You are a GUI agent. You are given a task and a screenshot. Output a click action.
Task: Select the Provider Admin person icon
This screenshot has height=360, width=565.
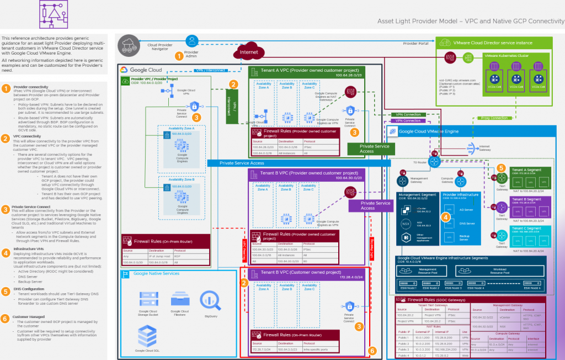point(191,40)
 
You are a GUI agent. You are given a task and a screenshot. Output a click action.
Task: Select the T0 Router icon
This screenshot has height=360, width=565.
point(434,161)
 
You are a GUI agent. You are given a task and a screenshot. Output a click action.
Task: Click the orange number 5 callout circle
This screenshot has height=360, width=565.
point(501,168)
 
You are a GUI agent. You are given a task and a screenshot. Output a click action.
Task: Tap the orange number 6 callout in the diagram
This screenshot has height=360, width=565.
point(372,350)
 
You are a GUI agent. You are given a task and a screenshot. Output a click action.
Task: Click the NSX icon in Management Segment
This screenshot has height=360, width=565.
point(407,223)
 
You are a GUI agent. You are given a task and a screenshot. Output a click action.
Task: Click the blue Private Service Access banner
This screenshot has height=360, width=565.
point(241,163)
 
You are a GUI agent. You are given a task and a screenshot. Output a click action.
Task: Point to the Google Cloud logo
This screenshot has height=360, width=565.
point(140,70)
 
